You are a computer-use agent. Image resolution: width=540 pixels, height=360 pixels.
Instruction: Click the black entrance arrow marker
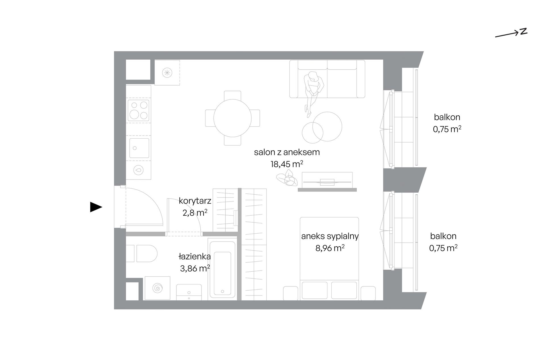pyautogui.click(x=96, y=207)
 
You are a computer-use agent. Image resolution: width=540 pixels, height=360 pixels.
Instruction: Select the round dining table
pyautogui.click(x=232, y=118)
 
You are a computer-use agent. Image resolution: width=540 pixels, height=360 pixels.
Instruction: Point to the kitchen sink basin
pyautogui.click(x=139, y=148)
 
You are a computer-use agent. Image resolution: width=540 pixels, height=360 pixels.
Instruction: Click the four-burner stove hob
pyautogui.click(x=139, y=110)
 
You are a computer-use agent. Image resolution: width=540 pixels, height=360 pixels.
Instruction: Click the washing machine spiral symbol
pyautogui.click(x=157, y=288)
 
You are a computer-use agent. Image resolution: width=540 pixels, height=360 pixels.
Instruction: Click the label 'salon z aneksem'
pyautogui.click(x=287, y=152)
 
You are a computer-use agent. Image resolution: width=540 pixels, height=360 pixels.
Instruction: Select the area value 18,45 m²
pyautogui.click(x=287, y=164)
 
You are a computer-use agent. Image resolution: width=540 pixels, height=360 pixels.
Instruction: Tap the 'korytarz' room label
pyautogui.click(x=195, y=201)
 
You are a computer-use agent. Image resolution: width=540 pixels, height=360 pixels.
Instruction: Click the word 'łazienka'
pyautogui.click(x=195, y=257)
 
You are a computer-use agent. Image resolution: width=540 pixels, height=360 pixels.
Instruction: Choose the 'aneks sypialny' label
pyautogui.click(x=330, y=236)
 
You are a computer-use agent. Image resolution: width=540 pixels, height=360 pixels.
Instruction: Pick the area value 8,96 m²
pyautogui.click(x=330, y=248)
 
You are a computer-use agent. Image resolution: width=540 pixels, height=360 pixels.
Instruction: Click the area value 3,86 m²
pyautogui.click(x=195, y=268)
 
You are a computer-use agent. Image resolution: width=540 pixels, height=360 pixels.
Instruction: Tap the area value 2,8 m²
pyautogui.click(x=195, y=213)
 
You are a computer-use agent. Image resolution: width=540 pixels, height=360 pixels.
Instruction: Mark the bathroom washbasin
pyautogui.click(x=189, y=292)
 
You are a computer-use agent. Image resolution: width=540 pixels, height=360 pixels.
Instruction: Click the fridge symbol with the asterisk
pyautogui.click(x=167, y=72)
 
